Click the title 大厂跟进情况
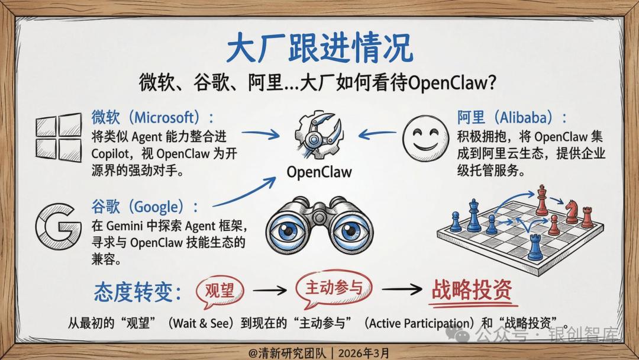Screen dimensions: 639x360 pos(319,49)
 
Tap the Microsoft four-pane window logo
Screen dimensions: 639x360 pos(59,138)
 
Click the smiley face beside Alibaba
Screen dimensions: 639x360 pos(425,138)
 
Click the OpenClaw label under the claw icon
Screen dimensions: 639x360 pos(319,172)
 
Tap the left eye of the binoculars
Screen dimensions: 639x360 pos(289,231)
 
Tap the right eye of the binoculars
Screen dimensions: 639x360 pos(350,231)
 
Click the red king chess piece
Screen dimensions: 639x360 pos(541,200)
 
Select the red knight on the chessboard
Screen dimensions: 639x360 pos(572,211)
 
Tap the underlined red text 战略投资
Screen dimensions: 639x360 pos(472,290)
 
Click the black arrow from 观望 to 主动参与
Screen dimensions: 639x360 pos(270,290)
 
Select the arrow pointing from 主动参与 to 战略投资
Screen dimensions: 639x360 pos(402,290)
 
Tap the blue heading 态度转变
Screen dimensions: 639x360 pos(138,292)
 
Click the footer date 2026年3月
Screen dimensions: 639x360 pos(364,353)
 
